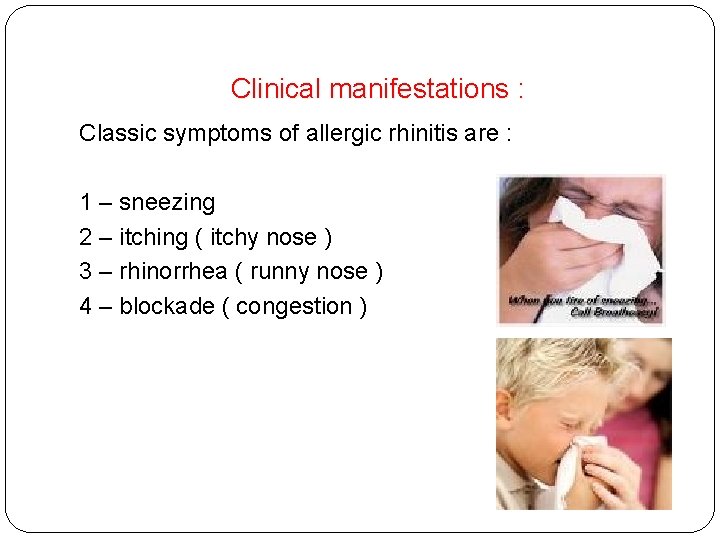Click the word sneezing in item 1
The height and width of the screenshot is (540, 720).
167,203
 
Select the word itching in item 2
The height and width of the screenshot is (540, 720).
153,238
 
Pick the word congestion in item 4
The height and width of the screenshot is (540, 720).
294,307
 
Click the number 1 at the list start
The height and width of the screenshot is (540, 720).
86,203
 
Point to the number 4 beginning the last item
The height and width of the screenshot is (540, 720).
86,306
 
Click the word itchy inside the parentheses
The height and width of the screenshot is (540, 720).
235,238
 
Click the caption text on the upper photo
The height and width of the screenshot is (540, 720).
580,304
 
